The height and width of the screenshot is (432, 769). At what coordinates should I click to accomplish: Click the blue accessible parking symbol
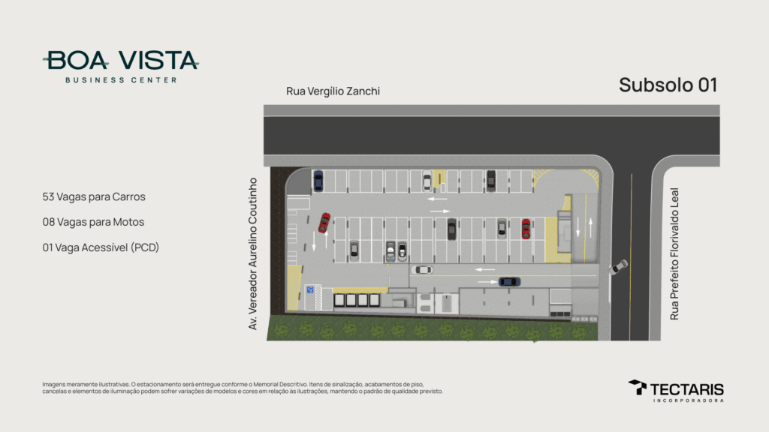310,290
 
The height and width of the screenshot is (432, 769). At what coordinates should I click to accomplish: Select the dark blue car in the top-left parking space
318,180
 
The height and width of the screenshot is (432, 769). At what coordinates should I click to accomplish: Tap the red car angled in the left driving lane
324,223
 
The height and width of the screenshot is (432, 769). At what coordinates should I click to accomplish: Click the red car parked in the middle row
526,229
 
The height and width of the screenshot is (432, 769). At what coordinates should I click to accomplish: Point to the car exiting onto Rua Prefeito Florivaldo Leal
619,267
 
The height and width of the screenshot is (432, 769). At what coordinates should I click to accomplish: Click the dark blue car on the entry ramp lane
510,282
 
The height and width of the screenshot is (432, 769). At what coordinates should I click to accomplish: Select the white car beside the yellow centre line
422,270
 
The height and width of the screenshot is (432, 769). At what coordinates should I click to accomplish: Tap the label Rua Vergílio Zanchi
333,91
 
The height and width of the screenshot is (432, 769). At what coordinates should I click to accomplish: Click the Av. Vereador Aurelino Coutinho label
252,253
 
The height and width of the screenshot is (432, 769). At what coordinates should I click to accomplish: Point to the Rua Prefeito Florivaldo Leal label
674,253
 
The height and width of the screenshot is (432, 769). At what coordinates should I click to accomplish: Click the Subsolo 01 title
668,85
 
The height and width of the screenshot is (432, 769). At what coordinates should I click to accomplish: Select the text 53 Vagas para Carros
94,197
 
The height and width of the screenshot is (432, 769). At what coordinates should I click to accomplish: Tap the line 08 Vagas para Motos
93,222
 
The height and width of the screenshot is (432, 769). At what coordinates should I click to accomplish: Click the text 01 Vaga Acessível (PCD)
101,247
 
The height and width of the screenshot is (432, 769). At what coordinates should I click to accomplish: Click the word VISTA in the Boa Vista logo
158,60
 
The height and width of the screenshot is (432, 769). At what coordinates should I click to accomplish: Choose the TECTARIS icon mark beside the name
638,387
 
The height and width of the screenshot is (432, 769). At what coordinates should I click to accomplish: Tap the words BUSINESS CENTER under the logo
121,79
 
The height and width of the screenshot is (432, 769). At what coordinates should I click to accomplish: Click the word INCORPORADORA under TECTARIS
688,400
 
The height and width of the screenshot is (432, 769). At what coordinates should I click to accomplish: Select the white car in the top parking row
427,181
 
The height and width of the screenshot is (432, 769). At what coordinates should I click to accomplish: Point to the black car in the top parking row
491,180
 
